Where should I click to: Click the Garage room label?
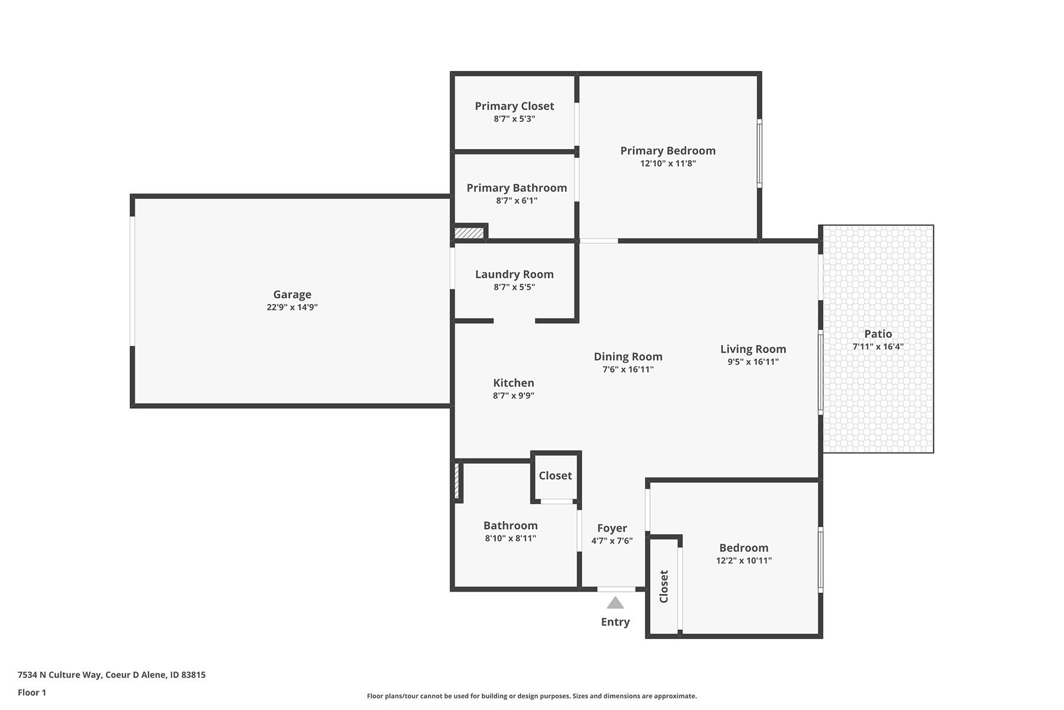coord(292,295)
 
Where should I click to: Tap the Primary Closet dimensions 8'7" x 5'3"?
coord(514,119)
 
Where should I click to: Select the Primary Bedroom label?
coord(668,151)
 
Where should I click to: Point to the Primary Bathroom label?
coord(517,188)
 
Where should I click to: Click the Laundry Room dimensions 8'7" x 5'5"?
coord(514,288)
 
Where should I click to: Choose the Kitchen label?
coord(514,383)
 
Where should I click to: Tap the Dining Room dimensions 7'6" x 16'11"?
coord(628,370)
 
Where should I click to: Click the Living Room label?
coord(753,349)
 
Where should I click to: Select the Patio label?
coord(878,334)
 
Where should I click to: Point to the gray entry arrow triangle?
coord(615,603)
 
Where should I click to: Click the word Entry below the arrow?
coord(615,622)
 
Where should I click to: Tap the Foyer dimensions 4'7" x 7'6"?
coord(612,541)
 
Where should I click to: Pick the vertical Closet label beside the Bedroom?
coord(664,586)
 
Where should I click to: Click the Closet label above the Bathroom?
coord(555,476)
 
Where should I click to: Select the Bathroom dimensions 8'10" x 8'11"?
coord(510,538)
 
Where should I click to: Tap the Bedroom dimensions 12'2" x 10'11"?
coord(744,561)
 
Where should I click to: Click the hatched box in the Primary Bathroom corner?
coord(469,233)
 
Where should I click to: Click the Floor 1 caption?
coord(32,692)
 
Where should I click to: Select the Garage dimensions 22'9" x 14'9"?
coord(292,308)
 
